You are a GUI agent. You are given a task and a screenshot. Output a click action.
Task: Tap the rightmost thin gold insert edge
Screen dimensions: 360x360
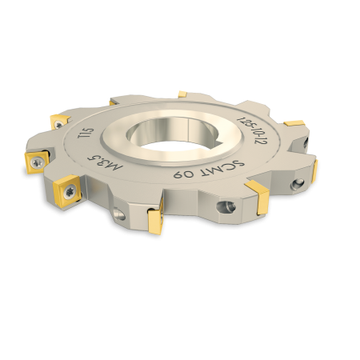314,170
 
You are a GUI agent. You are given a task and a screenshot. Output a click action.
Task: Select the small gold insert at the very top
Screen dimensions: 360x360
182,94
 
